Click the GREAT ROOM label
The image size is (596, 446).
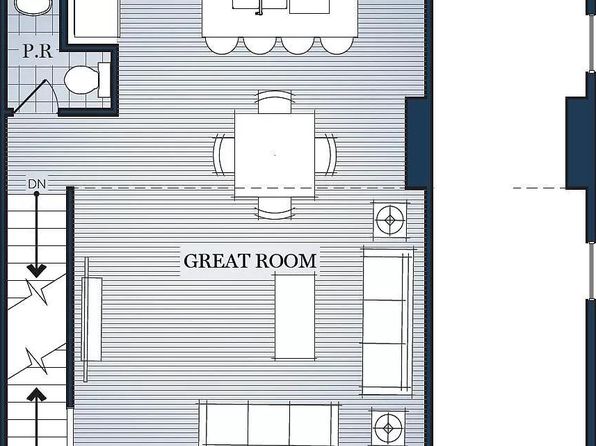(x=250, y=261)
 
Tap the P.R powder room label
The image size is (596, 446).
(x=37, y=51)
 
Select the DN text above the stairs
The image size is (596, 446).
(x=37, y=184)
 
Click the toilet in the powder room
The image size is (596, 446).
(x=87, y=79)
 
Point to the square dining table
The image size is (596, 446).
(x=274, y=154)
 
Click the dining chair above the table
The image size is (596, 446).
(x=275, y=102)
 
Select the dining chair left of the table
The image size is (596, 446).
(x=224, y=155)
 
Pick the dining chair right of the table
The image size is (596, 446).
(x=326, y=155)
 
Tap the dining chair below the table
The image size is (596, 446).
(x=275, y=208)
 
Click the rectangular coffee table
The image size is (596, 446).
(x=295, y=316)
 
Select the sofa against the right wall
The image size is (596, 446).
(x=388, y=322)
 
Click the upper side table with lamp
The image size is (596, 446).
(x=390, y=220)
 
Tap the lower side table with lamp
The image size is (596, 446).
(x=388, y=428)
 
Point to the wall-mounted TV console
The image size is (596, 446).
(x=91, y=319)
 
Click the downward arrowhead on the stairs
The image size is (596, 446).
(x=36, y=271)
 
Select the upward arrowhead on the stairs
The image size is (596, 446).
(x=36, y=395)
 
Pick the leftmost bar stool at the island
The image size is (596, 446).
(x=222, y=45)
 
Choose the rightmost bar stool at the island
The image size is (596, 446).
(x=337, y=45)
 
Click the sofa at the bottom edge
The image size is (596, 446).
(x=269, y=423)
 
